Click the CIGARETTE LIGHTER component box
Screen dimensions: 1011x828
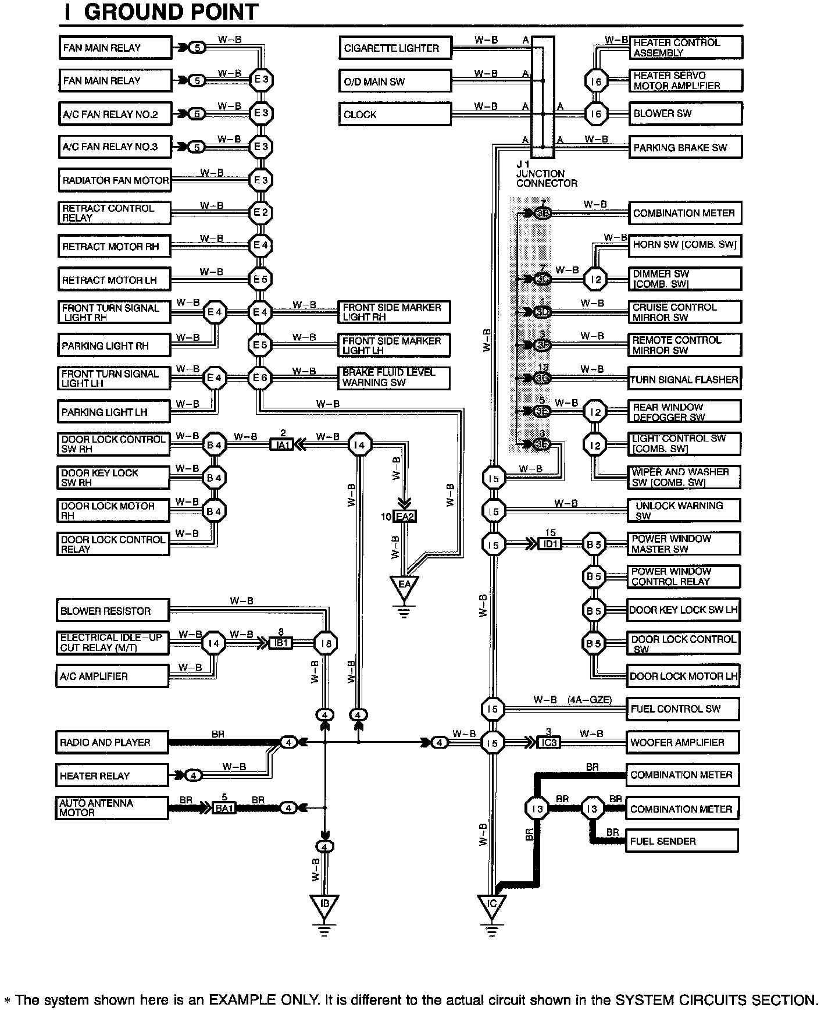395,48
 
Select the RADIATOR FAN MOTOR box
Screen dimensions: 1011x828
115,180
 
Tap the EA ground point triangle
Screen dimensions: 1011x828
405,586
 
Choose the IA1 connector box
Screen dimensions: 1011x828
283,446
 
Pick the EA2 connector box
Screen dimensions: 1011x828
405,517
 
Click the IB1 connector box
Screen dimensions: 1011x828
281,643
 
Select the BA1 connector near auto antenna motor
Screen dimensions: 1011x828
224,808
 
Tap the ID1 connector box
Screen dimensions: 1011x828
550,544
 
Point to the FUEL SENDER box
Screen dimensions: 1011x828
681,841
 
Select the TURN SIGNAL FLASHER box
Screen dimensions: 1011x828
684,380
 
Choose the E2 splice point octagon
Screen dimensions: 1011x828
260,213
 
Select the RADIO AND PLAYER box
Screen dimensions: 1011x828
112,743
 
